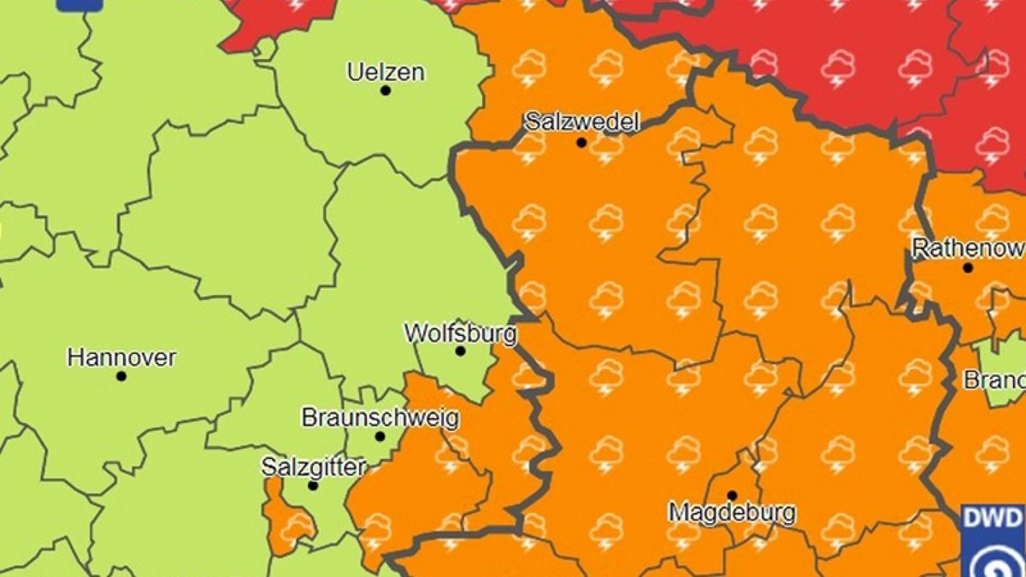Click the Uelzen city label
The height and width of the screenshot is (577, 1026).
pos(385,72)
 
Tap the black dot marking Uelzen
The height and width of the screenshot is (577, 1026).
pos(386,90)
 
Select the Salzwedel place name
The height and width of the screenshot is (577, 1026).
pos(581,121)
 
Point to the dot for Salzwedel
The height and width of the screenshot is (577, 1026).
pos(581,143)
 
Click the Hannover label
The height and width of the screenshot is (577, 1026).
pos(121,356)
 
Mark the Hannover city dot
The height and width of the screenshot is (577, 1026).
pos(121,376)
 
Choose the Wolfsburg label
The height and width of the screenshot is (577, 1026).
pos(460,332)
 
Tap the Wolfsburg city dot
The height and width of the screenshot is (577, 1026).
pos(460,350)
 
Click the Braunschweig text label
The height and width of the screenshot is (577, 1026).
pos(380,418)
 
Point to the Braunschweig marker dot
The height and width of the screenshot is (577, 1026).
pos(380,437)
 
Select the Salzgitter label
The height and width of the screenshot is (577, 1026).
pos(314,467)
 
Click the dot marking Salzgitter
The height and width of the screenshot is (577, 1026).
pos(313,486)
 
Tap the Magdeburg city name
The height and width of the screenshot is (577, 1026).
pos(732,513)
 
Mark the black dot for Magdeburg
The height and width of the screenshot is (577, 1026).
pos(732,495)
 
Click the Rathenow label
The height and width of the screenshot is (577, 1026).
pos(968,249)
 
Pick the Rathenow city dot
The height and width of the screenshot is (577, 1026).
pos(968,268)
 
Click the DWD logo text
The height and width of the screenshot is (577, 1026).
pos(993,518)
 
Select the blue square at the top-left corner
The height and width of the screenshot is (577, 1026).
pos(79,4)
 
